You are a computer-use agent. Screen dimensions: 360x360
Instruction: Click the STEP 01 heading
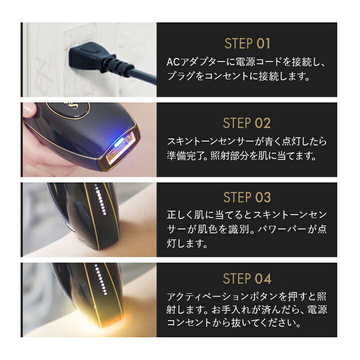tap(247, 43)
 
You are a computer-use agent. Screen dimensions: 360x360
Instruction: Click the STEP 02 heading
tap(247, 123)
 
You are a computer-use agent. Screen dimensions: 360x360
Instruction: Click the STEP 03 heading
tap(247, 197)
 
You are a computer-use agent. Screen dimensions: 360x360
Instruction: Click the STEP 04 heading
tap(247, 278)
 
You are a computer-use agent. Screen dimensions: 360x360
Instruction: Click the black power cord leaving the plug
tap(135, 75)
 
